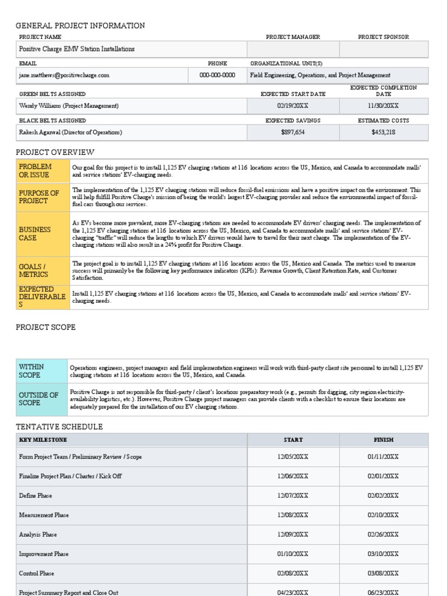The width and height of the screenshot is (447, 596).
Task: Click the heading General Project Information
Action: click(80, 26)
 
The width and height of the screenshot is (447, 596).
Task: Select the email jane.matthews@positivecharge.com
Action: click(64, 75)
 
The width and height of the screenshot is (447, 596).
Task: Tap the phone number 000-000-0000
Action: click(217, 75)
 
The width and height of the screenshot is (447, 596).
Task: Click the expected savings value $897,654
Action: click(293, 132)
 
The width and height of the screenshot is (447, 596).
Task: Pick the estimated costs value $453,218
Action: click(383, 132)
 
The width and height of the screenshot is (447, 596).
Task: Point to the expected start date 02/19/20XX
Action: click(293, 106)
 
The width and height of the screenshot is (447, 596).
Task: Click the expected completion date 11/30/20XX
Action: click(383, 106)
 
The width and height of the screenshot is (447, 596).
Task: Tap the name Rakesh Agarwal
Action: click(41, 132)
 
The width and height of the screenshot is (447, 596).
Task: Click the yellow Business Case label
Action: click(35, 233)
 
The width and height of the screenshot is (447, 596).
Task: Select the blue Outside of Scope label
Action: click(38, 399)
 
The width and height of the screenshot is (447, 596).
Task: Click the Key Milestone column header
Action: click(43, 440)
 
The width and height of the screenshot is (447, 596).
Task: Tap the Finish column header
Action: click(383, 440)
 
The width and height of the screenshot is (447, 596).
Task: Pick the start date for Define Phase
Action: click(293, 496)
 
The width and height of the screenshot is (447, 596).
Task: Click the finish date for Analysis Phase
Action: click(383, 534)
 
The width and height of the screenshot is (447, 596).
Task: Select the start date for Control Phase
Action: click(293, 573)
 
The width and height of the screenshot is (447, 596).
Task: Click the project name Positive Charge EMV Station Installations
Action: click(77, 49)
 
